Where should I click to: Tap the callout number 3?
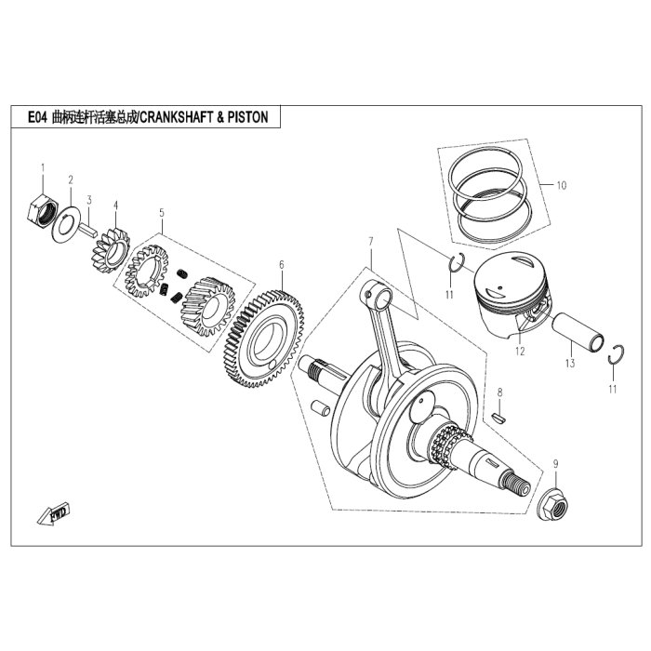89,199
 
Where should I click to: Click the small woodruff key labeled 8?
499,418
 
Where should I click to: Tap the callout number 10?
560,185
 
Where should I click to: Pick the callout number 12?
520,352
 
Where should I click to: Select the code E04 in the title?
36,117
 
